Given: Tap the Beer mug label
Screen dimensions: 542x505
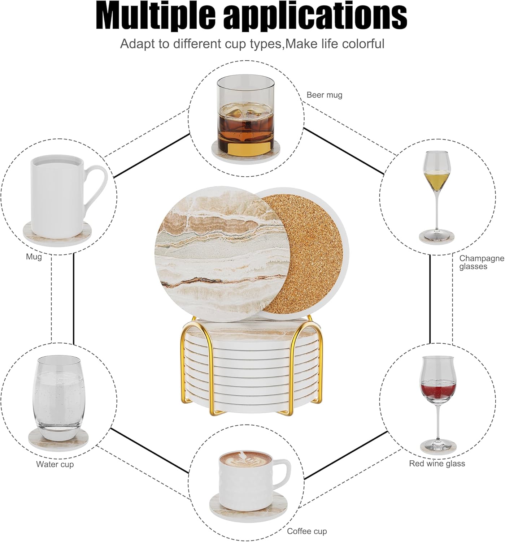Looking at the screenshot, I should pos(324,95).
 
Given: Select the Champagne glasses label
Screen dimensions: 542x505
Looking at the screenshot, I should pos(481,262).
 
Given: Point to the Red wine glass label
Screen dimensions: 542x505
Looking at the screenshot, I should pos(437,464).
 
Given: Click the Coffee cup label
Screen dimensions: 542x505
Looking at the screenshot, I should pos(307,531).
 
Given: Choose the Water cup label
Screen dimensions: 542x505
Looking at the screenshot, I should pos(55,464).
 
